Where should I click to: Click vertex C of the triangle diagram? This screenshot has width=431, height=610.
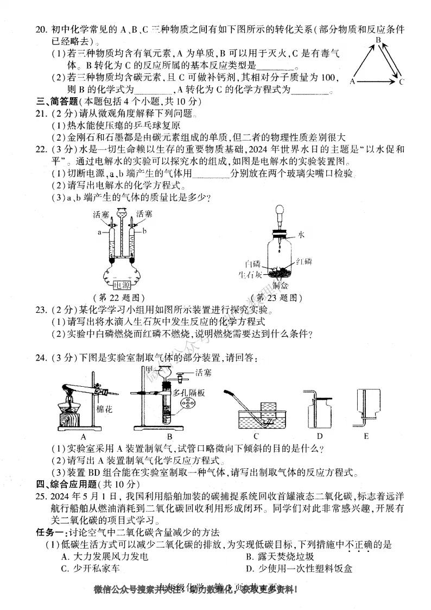coord(402,83)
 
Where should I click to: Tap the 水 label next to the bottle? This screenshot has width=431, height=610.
coord(301,235)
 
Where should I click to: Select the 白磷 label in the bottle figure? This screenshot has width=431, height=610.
coord(253,263)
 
